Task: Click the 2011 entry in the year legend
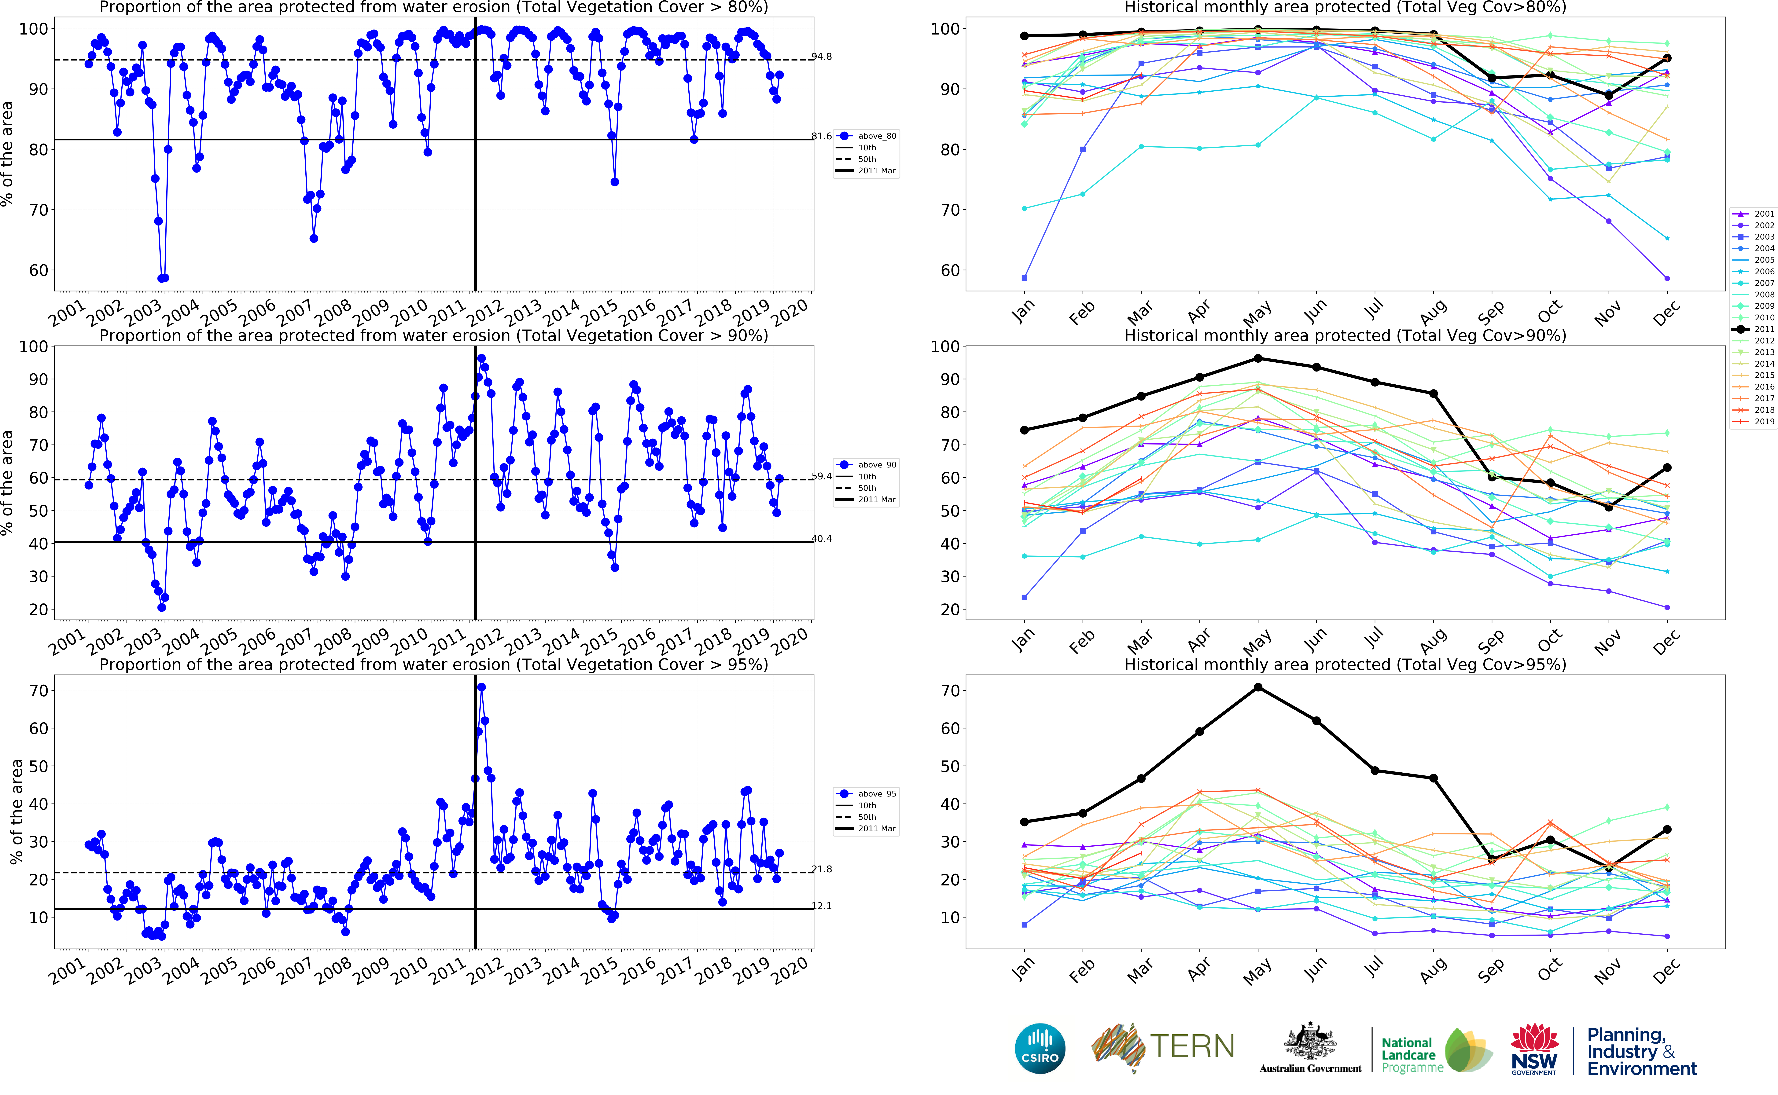click(x=1758, y=329)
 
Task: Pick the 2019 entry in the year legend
click(x=1758, y=422)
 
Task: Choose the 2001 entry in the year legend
click(x=1758, y=214)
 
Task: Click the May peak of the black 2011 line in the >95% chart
click(x=1258, y=687)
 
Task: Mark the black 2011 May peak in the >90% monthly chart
click(x=1258, y=358)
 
